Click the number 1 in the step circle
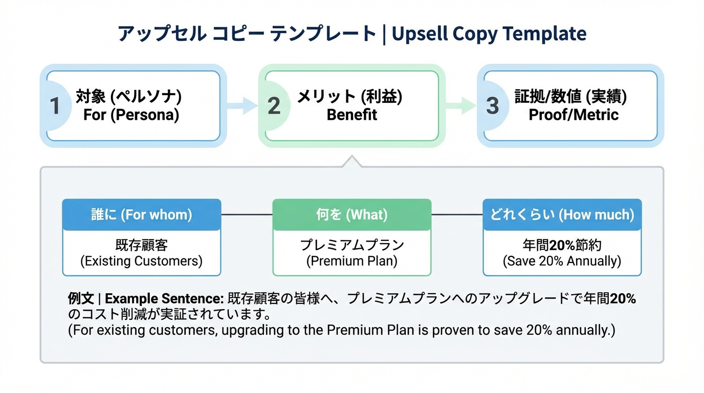click(55, 106)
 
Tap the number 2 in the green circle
click(274, 106)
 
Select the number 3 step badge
click(492, 106)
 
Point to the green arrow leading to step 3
click(460, 105)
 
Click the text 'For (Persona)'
click(131, 115)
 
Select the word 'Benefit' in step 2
click(352, 115)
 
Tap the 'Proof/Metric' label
click(574, 115)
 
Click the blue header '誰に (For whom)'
click(142, 215)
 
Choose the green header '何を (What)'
click(352, 215)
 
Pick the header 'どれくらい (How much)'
click(562, 215)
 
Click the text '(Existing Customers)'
click(142, 261)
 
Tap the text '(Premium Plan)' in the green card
click(352, 261)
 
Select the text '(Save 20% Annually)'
click(562, 261)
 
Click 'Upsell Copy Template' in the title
click(489, 34)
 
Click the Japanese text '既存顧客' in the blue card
click(142, 245)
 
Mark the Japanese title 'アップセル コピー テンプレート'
click(247, 34)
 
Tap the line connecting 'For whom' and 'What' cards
click(247, 215)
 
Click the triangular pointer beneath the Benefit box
click(352, 162)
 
